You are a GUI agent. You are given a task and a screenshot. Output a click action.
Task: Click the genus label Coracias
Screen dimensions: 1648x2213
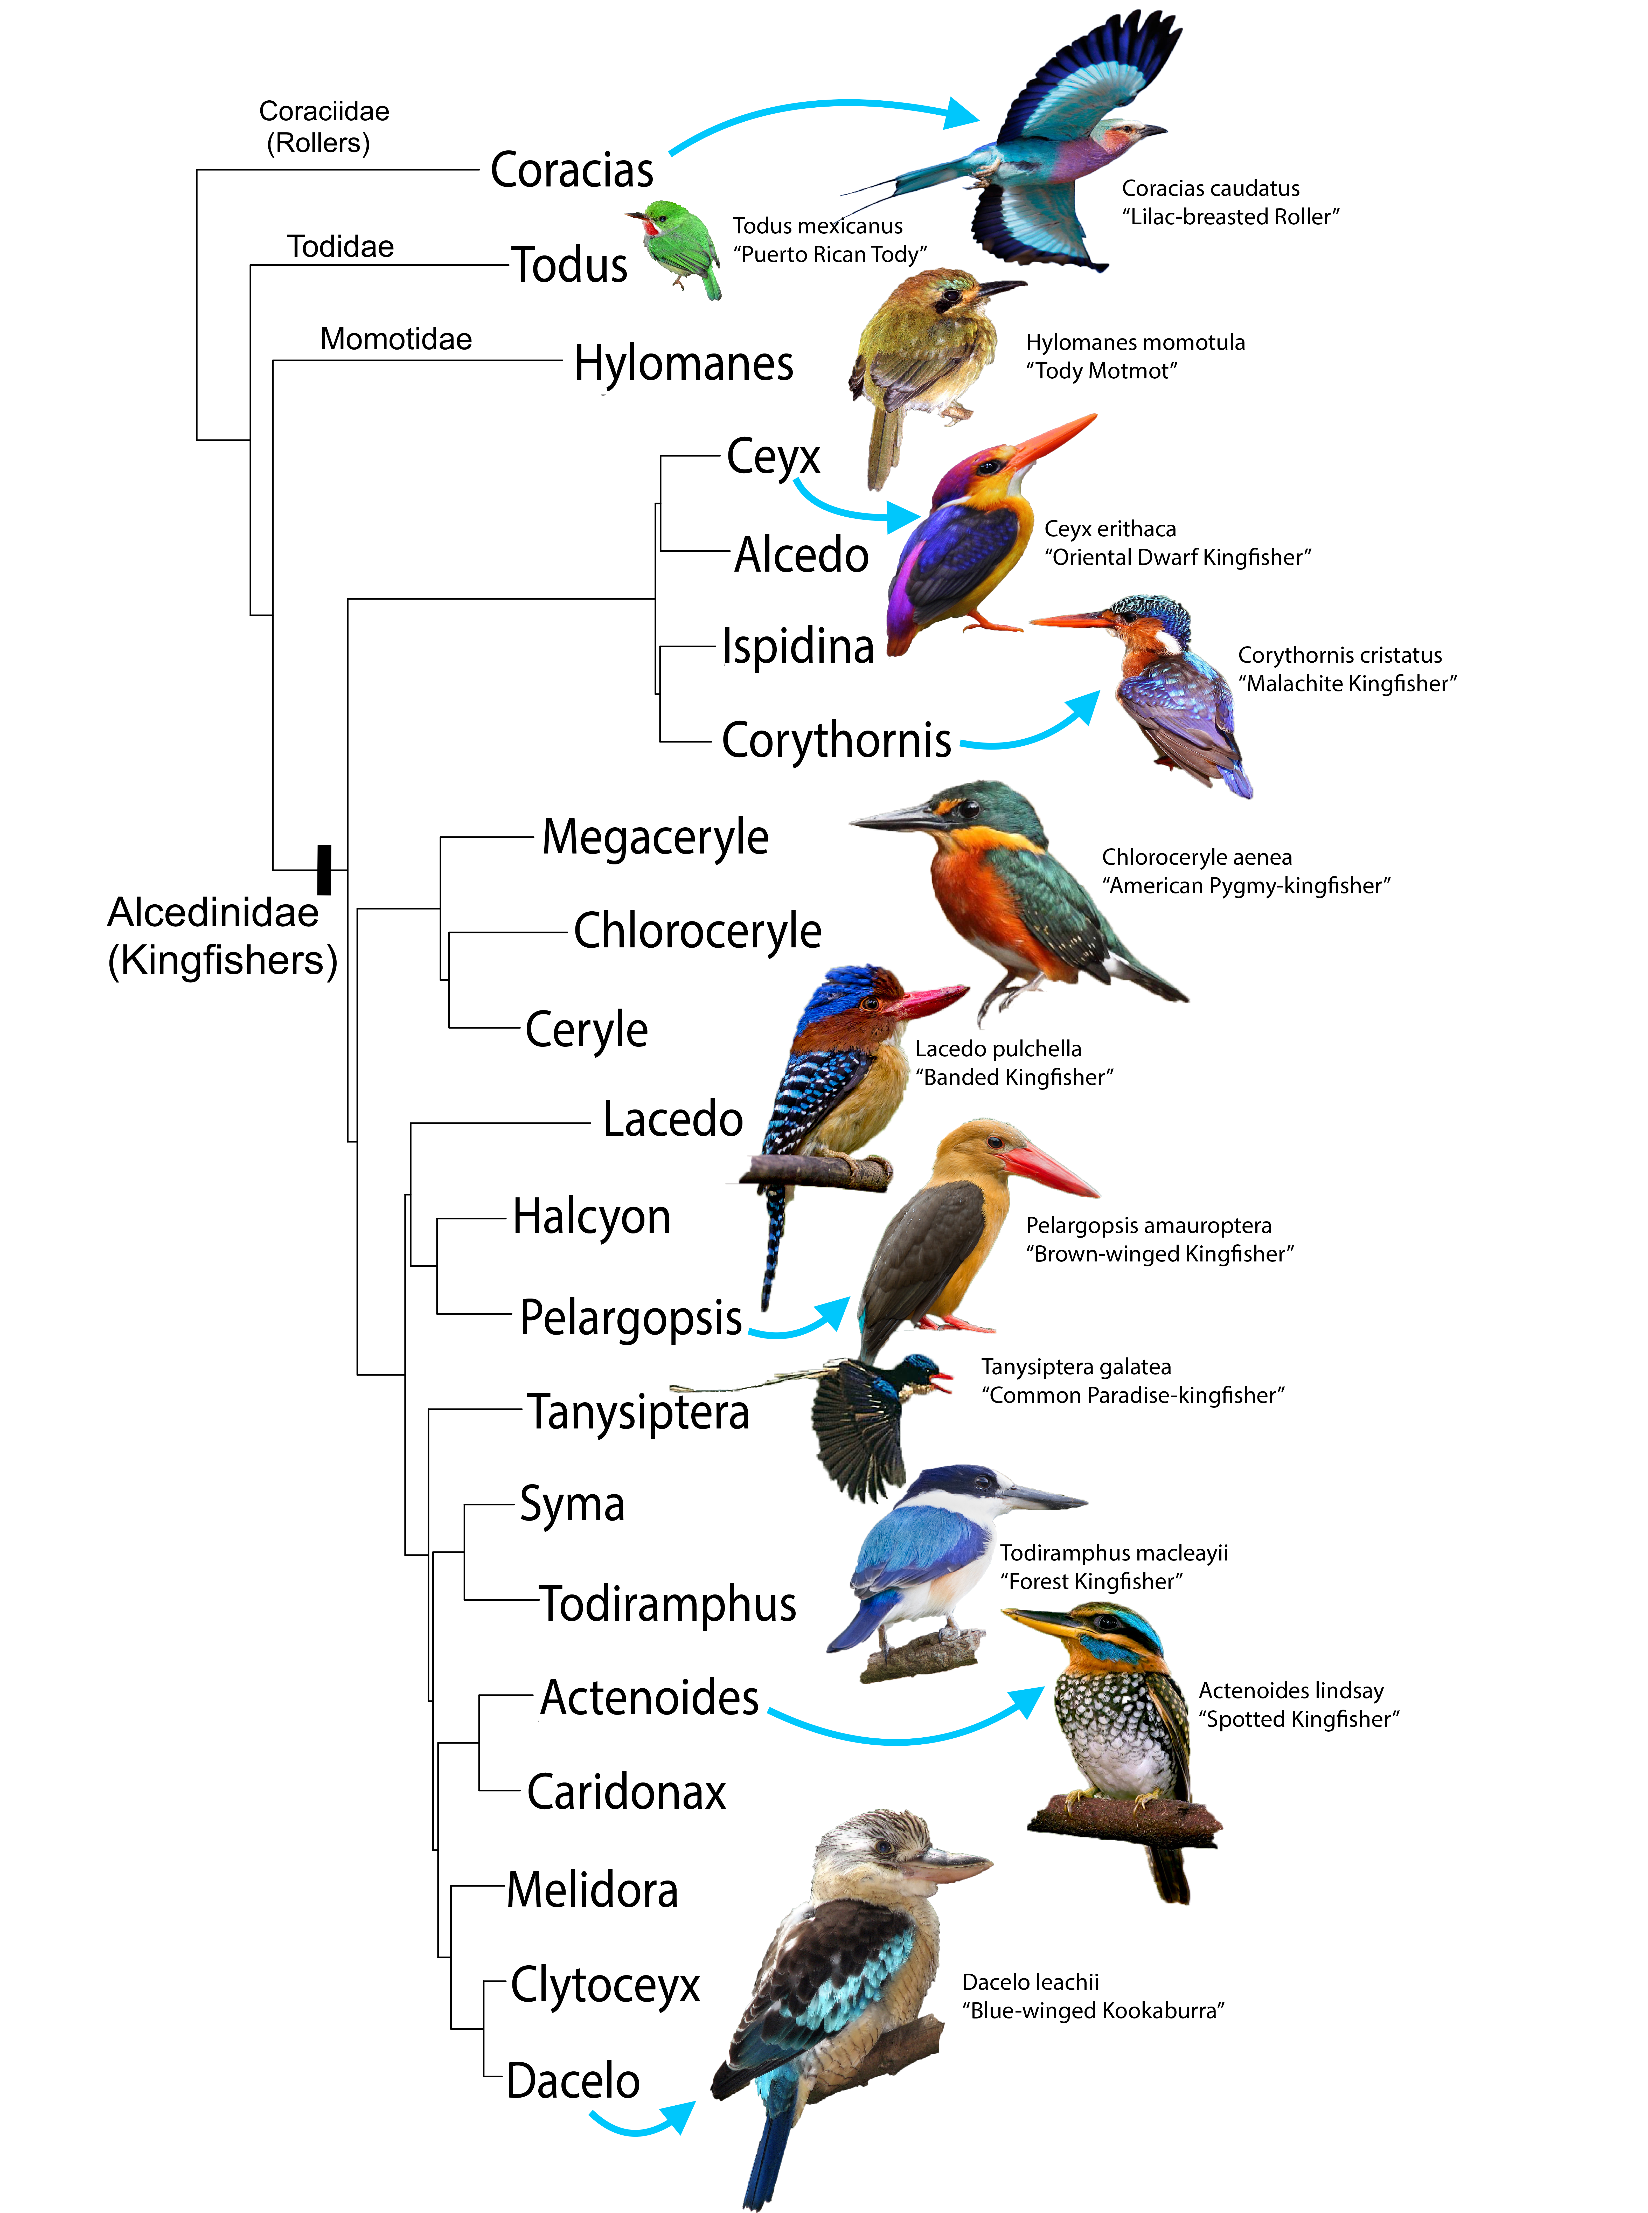click(572, 170)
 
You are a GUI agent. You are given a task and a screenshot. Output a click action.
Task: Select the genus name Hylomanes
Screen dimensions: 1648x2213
click(683, 363)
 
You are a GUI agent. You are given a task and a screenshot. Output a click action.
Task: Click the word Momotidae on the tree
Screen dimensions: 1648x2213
click(396, 339)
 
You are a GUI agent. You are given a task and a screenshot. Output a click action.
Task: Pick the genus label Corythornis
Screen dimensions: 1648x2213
click(836, 740)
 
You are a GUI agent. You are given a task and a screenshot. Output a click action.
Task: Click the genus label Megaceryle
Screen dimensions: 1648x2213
click(655, 837)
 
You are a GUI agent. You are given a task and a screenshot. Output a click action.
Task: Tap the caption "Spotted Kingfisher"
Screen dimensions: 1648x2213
click(1299, 1719)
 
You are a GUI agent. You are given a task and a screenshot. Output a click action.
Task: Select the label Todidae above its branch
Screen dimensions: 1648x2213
click(340, 246)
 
